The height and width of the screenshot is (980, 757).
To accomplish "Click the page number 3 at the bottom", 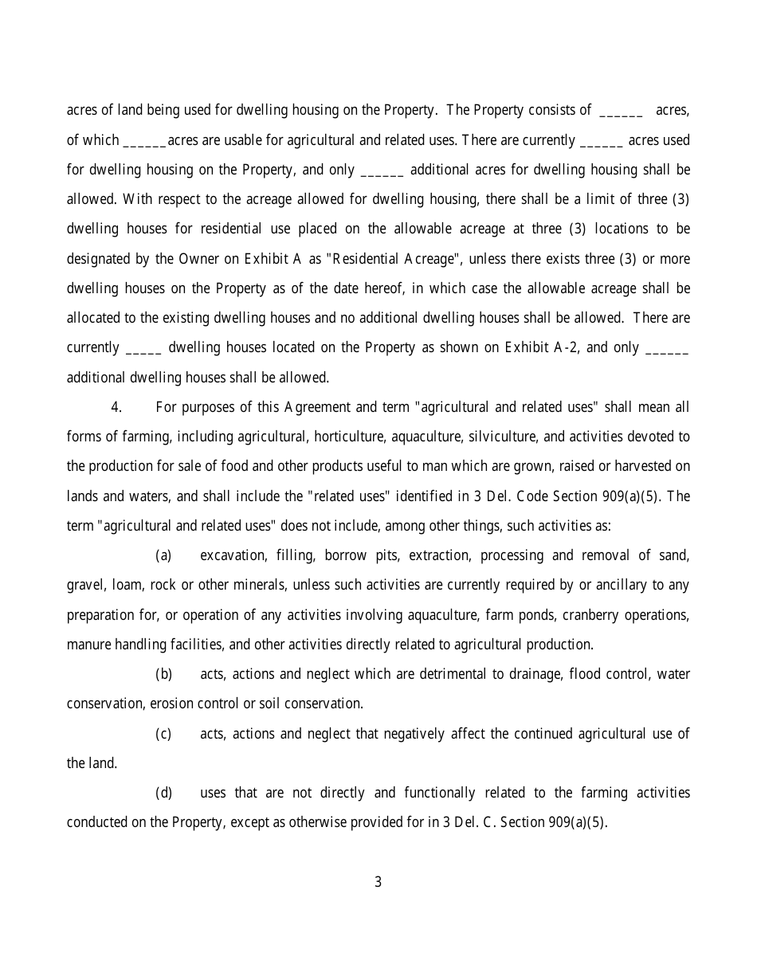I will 378,882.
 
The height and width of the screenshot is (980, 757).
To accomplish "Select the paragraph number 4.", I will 116,407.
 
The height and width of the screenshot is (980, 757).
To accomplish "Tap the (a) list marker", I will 163,555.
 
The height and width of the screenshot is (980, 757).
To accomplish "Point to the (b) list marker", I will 163,674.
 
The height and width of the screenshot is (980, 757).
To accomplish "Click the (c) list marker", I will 163,734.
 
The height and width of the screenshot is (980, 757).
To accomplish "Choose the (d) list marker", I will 163,793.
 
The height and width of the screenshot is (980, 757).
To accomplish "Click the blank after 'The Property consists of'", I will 620,111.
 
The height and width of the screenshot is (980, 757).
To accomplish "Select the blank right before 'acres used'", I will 602,141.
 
